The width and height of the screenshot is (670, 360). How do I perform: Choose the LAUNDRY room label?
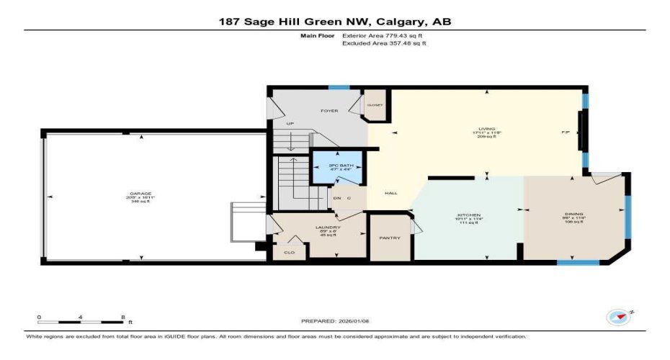pos(327,228)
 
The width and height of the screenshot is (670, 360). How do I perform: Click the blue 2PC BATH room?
pos(336,169)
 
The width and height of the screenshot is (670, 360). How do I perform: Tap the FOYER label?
pos(330,112)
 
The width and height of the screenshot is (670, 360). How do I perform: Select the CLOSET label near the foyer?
pos(375,105)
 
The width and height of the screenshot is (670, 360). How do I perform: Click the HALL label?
pos(391,193)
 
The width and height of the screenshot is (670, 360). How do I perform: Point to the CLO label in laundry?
pos(290,252)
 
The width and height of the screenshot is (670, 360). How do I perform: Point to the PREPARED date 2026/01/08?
pos(334,321)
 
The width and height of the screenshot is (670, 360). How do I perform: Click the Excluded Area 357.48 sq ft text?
pos(384,43)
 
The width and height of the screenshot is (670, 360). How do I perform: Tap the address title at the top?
pos(335,22)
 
